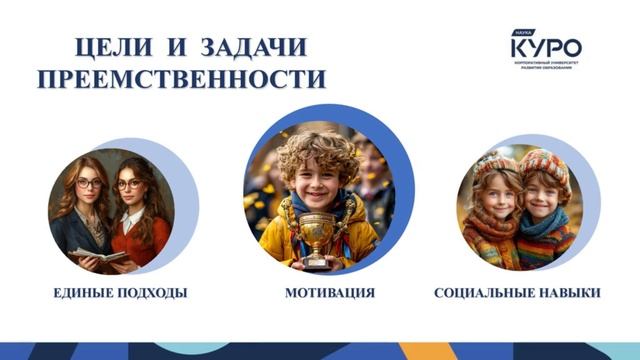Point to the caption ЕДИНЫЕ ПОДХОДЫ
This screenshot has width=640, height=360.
tap(121, 293)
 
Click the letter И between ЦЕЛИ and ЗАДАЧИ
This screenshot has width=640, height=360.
tap(183, 47)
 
